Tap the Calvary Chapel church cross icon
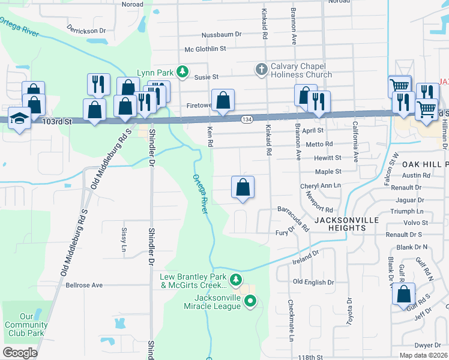261,70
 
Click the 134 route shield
246,120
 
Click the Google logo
20,353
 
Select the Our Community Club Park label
34,325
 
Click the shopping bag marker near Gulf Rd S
405,295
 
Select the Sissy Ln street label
124,239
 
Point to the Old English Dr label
313,282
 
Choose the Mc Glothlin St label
205,49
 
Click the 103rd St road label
57,121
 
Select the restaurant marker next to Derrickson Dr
98,84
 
